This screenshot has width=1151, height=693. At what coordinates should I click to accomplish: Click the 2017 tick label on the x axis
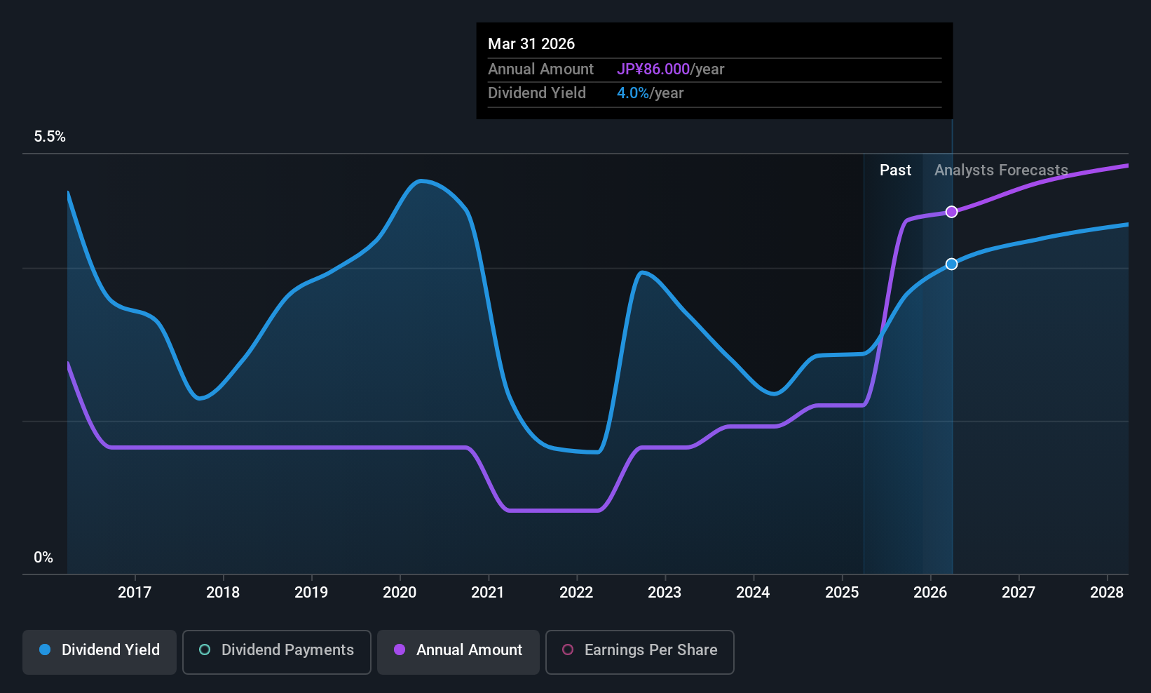coord(135,593)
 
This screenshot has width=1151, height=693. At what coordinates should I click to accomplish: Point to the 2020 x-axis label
coord(400,593)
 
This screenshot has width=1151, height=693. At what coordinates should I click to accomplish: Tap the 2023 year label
coord(665,593)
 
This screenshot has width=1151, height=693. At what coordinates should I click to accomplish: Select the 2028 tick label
coord(1107,593)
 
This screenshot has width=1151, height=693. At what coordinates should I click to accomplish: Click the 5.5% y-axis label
coord(50,137)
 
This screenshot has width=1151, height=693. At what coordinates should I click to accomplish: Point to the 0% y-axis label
coord(43,558)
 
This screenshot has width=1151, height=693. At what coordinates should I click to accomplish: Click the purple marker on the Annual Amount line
coord(951,212)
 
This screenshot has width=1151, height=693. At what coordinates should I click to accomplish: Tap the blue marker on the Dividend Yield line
coord(951,264)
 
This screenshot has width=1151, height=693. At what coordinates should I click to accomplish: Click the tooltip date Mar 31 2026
coord(531,44)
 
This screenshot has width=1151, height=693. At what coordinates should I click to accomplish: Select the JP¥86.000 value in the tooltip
coord(653,69)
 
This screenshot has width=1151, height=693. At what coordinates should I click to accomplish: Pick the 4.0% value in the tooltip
coord(633,93)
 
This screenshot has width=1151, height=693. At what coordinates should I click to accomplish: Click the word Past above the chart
coord(895,170)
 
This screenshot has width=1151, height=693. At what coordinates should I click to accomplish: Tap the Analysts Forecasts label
coord(1001,170)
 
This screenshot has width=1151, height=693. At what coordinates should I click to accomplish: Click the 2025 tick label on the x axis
coord(842,593)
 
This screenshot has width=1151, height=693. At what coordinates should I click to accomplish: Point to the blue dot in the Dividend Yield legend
coord(45,650)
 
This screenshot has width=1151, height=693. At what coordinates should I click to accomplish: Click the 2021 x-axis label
coord(488,593)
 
